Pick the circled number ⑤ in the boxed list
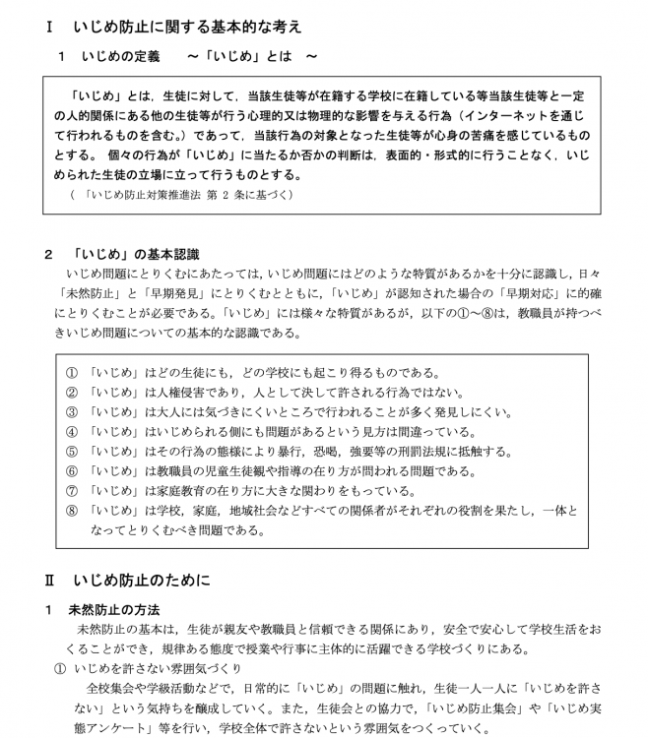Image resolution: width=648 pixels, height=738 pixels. [x=71, y=451]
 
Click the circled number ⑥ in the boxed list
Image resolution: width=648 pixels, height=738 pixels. [x=71, y=470]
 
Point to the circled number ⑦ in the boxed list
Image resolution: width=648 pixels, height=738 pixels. [x=71, y=490]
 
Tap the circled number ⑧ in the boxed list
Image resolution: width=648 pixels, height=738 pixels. [x=71, y=511]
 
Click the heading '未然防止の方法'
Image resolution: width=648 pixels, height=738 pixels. [x=113, y=609]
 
